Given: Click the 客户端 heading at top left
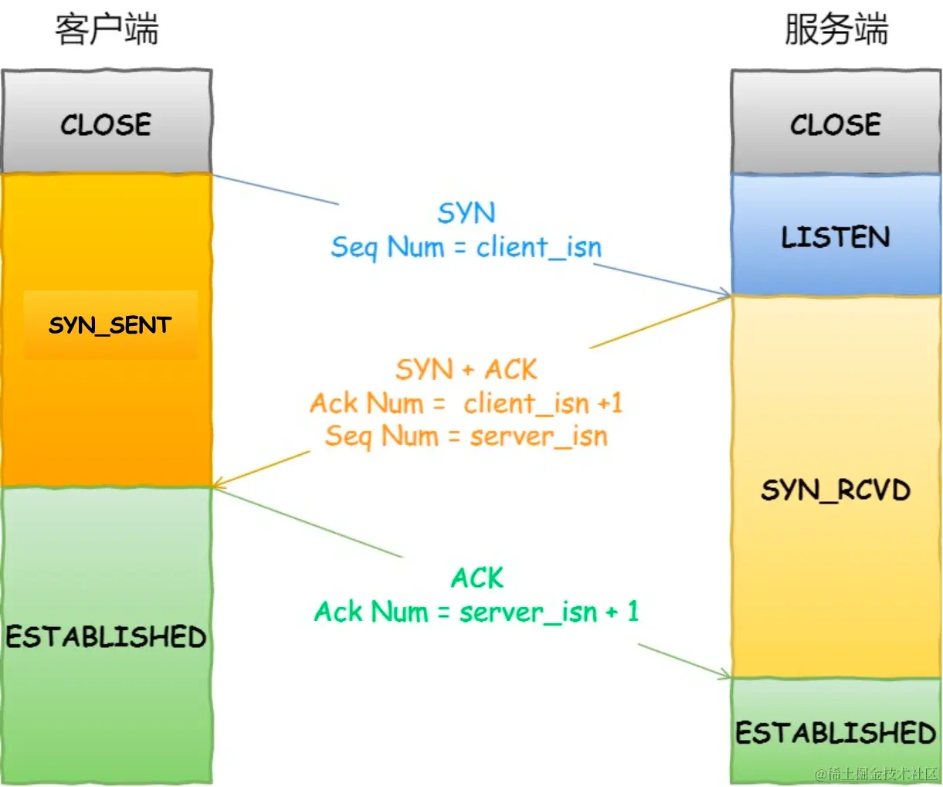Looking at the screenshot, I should pyautogui.click(x=107, y=30).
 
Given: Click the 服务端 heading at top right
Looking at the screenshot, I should pyautogui.click(x=836, y=30).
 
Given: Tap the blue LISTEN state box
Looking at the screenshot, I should pyautogui.click(x=836, y=236).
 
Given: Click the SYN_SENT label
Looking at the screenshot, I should pyautogui.click(x=110, y=325).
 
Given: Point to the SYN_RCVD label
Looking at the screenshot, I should pyautogui.click(x=836, y=490).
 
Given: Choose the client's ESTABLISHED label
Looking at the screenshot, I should pyautogui.click(x=107, y=636).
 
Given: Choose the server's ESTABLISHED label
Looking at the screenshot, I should pyautogui.click(x=836, y=732).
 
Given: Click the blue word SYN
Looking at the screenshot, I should pyautogui.click(x=466, y=213).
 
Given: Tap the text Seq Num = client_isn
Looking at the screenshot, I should pyautogui.click(x=466, y=247).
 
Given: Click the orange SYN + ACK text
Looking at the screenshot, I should pyautogui.click(x=466, y=369).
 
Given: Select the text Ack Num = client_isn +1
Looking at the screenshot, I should pyautogui.click(x=466, y=403).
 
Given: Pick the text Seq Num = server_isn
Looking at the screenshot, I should pyautogui.click(x=466, y=436).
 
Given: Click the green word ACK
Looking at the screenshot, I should pyautogui.click(x=477, y=578).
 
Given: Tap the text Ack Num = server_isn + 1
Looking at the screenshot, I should pyautogui.click(x=477, y=612).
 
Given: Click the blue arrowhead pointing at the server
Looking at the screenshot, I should pyautogui.click(x=724, y=293).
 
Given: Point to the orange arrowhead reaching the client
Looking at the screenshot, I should pyautogui.click(x=219, y=484).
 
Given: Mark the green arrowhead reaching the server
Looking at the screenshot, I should pyautogui.click(x=724, y=676).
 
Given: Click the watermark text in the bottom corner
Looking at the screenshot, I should pyautogui.click(x=876, y=774).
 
